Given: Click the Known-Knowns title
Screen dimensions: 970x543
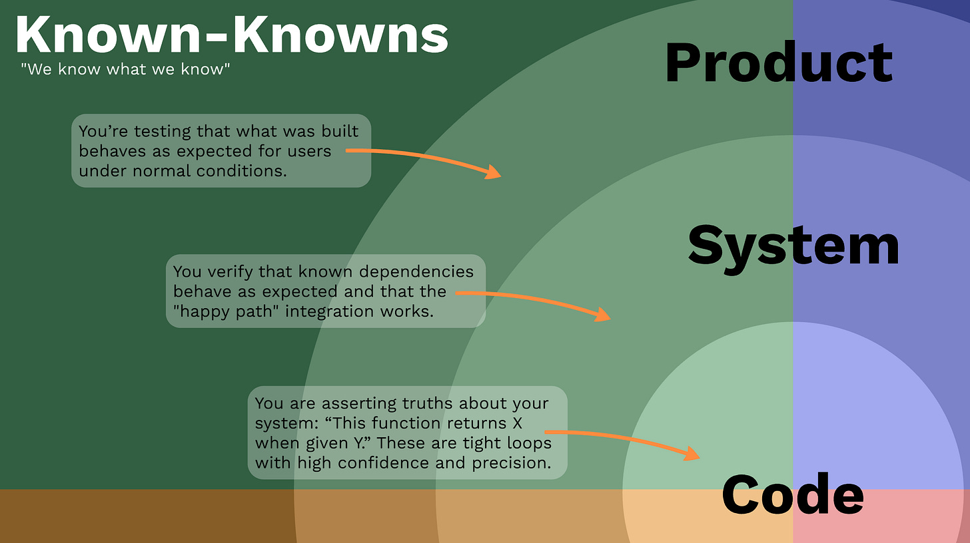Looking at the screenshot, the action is [x=231, y=34].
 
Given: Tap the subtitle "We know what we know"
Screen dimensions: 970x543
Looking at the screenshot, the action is [x=125, y=69].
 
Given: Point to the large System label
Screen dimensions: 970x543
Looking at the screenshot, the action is [x=793, y=245].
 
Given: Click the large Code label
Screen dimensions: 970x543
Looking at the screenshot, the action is [x=792, y=495].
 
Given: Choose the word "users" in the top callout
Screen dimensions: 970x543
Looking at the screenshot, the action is [x=309, y=151].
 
